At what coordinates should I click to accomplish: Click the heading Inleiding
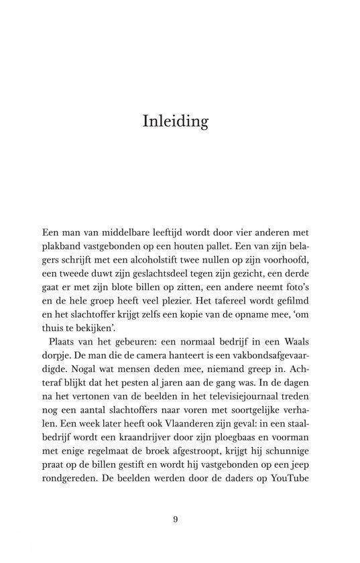tap(176, 121)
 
